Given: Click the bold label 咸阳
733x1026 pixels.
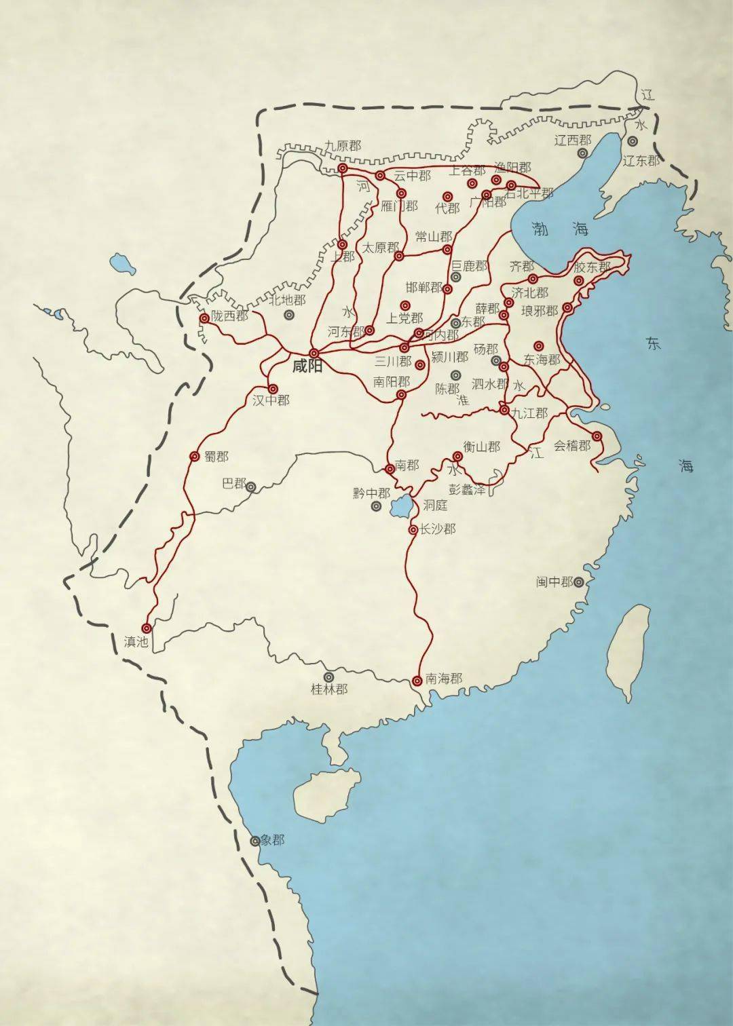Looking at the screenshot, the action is coord(307,367).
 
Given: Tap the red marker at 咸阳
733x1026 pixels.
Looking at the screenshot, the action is coord(314,353).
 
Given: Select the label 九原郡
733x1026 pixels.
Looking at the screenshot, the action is coord(342,146).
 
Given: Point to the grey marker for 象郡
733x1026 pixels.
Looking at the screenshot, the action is coord(255,841).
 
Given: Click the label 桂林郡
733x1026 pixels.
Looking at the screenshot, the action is coord(329,689).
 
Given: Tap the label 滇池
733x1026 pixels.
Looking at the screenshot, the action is coord(136,641).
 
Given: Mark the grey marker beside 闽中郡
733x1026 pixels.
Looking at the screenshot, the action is coord(579,582).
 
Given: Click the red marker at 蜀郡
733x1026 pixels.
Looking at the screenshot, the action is coord(194,457).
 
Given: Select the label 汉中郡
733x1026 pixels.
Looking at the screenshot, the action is coord(271,401).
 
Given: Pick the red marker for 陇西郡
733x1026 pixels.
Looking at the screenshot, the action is coord(204,318).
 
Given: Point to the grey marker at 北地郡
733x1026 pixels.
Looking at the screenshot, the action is coord(290,315).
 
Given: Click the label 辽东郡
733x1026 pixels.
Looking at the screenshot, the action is coord(641,161).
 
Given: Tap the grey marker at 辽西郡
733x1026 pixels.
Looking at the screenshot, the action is coord(582,153).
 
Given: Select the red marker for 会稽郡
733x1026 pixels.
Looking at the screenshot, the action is coord(597,436).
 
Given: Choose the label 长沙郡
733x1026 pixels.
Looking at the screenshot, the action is coord(437,529).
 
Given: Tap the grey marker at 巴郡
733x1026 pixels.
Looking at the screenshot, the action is coord(251,487).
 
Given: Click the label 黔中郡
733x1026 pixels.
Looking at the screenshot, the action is coord(371,493).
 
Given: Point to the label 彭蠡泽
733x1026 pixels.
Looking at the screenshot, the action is coord(468,489).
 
